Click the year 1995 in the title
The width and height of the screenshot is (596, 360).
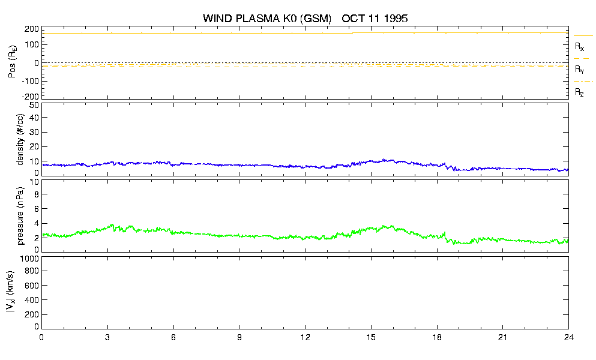click(x=396, y=18)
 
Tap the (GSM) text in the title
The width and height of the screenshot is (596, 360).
click(x=316, y=19)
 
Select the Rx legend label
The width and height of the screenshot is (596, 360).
click(x=579, y=47)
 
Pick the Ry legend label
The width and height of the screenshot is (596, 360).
click(x=579, y=69)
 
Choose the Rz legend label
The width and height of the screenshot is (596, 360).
click(x=579, y=92)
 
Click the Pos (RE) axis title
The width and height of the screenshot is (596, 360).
click(x=12, y=62)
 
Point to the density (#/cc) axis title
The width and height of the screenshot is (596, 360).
click(x=20, y=139)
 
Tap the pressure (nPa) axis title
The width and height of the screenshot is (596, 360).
click(x=20, y=216)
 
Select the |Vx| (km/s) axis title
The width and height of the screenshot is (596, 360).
click(x=11, y=292)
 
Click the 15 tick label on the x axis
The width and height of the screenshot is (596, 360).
click(x=370, y=337)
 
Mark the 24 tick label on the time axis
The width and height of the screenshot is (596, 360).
click(x=568, y=337)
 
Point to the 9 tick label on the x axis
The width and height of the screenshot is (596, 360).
click(x=239, y=337)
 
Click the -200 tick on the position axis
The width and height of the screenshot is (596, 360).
click(x=31, y=97)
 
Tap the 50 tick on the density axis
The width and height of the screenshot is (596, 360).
click(x=34, y=106)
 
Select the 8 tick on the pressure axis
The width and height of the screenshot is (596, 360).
click(x=37, y=194)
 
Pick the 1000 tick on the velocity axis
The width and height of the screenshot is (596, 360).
click(x=29, y=259)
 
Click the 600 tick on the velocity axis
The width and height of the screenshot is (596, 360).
click(x=32, y=286)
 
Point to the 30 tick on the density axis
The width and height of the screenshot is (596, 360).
click(x=34, y=132)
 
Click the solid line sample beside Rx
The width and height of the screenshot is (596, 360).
click(x=583, y=36)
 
